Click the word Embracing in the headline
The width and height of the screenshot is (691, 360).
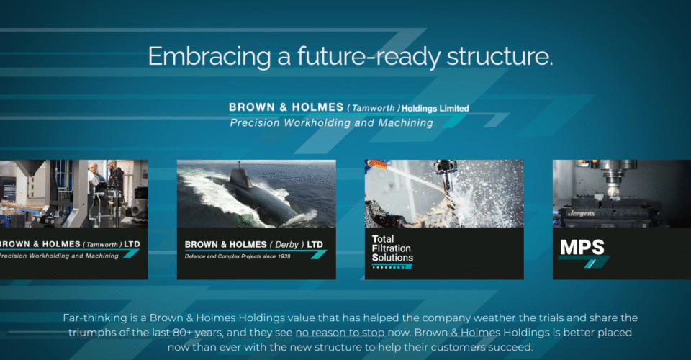209,56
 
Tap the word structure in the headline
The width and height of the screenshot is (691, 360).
500,56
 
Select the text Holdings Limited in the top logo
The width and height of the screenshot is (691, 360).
435,109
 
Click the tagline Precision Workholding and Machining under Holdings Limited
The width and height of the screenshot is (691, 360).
331,123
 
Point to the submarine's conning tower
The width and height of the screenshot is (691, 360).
239,180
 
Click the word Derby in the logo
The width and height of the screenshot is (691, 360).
287,245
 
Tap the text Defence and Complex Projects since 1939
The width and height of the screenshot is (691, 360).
238,256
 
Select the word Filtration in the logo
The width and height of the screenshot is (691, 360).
392,248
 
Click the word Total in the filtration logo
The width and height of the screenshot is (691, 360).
383,239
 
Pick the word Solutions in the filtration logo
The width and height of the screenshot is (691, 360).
393,258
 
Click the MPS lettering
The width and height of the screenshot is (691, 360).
582,248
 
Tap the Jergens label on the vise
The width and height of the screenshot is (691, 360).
582,214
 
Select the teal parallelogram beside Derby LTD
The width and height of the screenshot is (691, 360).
319,255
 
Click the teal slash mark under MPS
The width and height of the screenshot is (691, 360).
590,264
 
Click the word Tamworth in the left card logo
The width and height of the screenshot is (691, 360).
102,245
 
